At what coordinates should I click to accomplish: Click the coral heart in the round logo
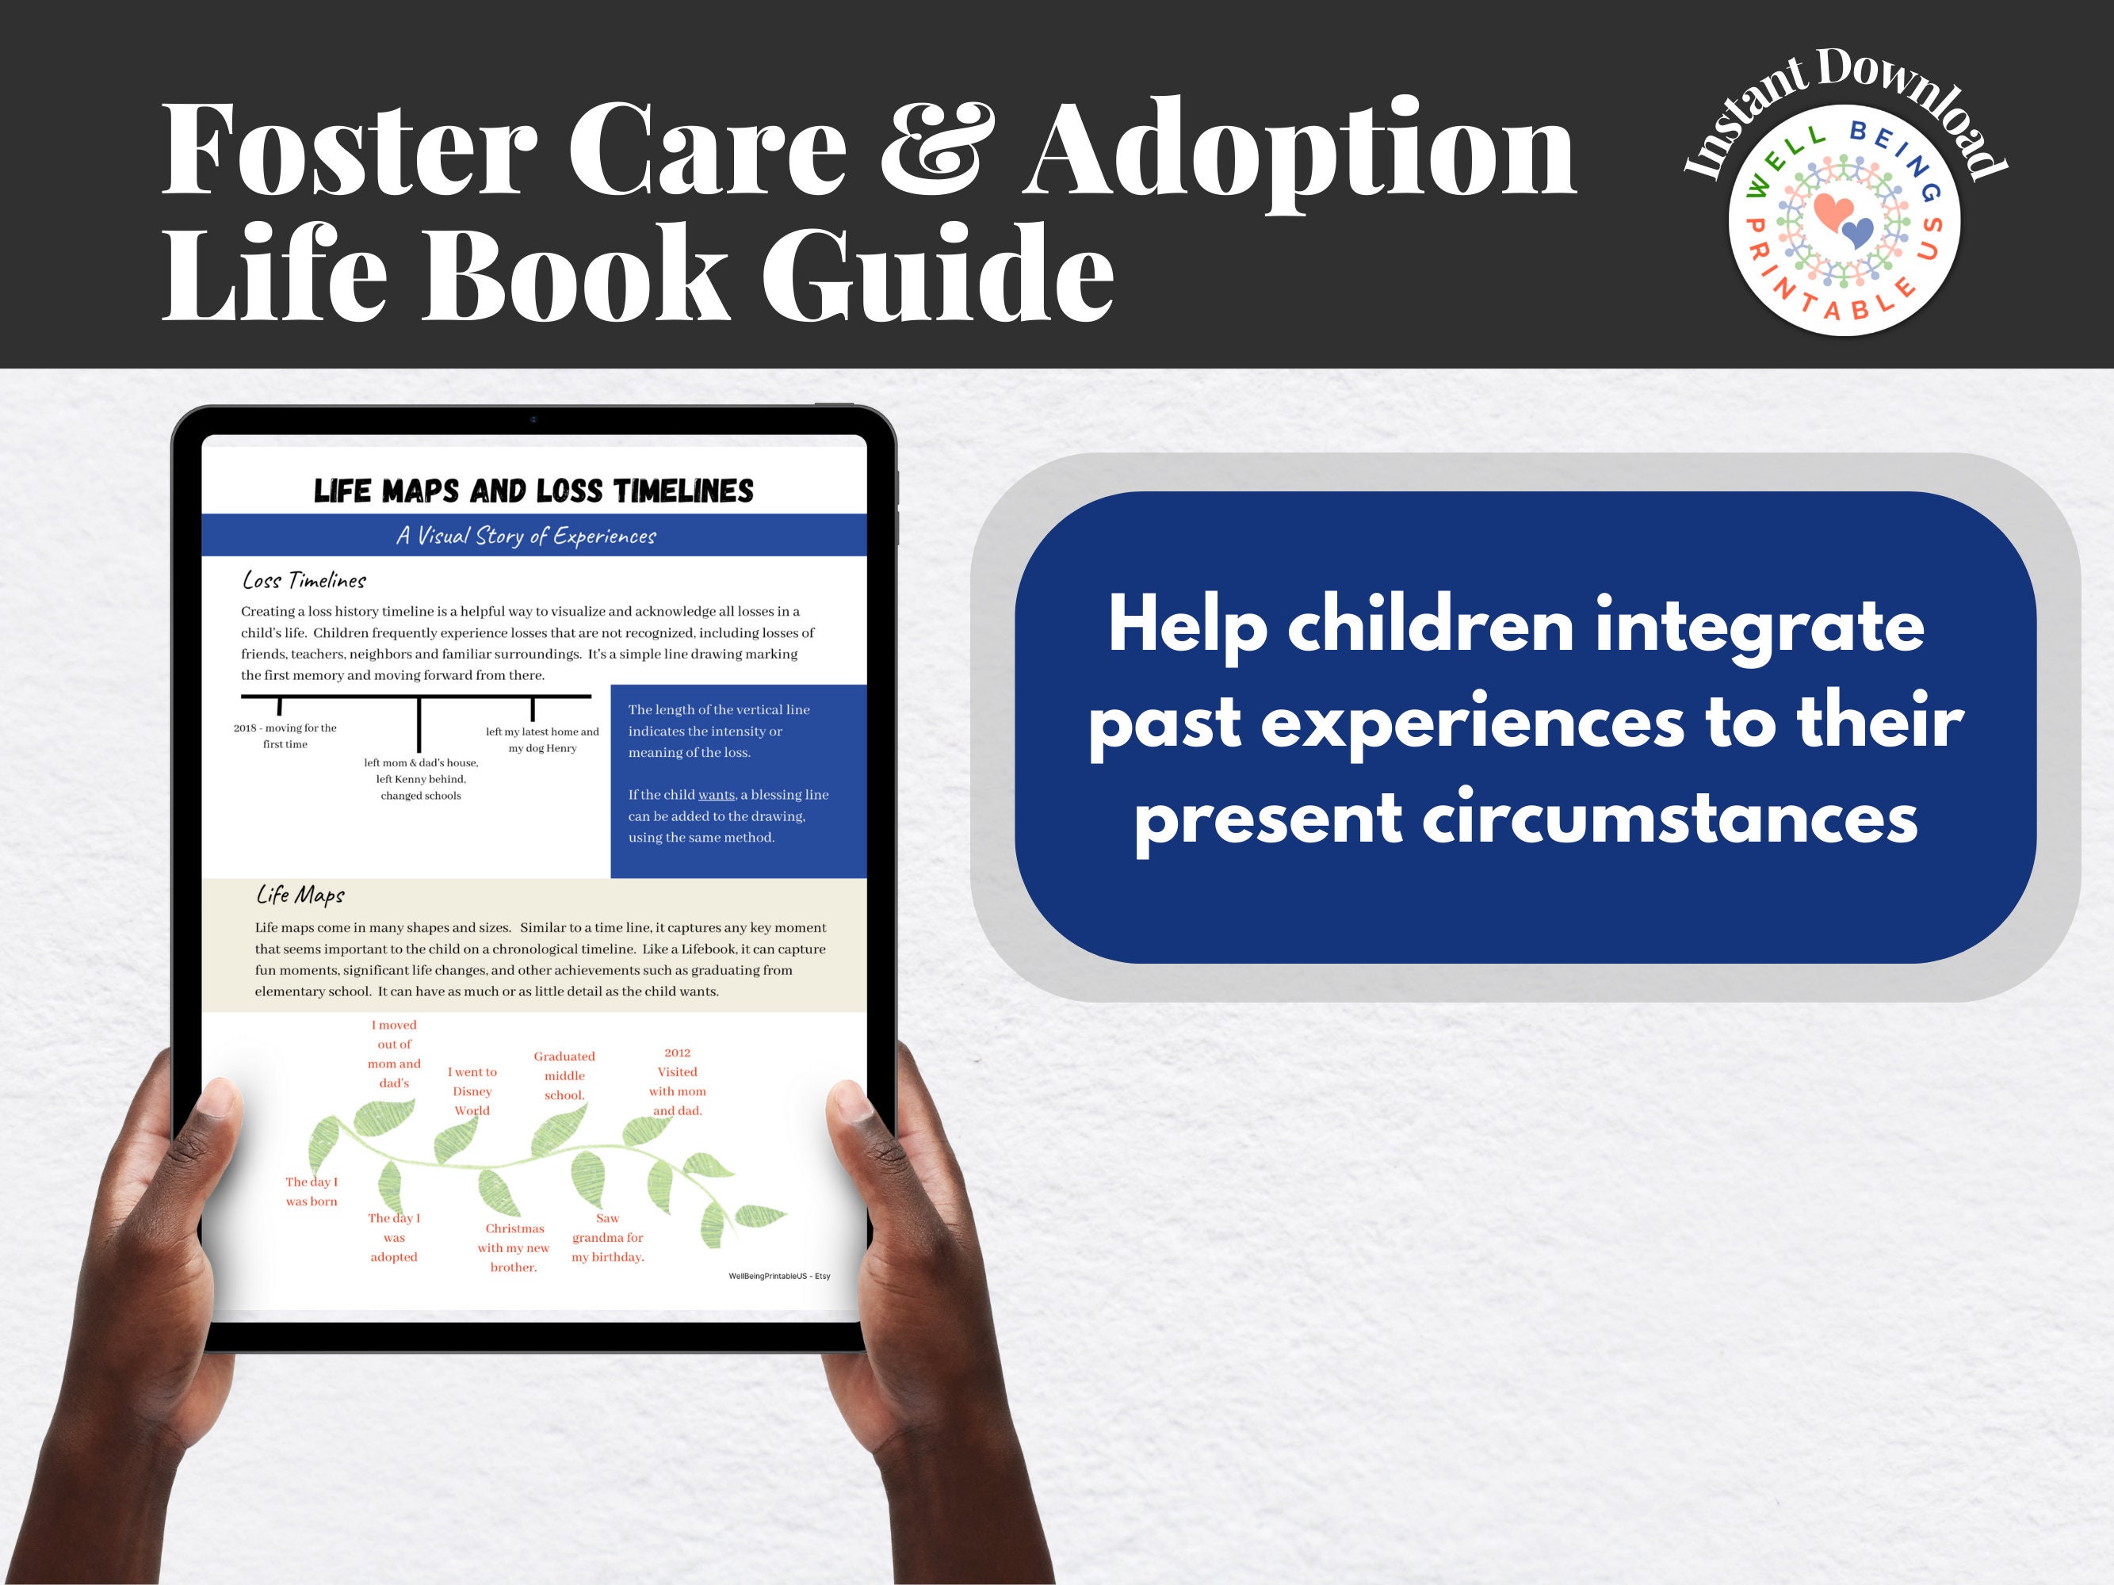pyautogui.click(x=1832, y=211)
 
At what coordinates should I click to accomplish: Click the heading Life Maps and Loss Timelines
pyautogui.click(x=533, y=491)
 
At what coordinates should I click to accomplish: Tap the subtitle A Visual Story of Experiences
pyautogui.click(x=526, y=536)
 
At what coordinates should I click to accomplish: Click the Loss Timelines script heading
pyautogui.click(x=304, y=580)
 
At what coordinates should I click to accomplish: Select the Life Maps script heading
pyautogui.click(x=300, y=894)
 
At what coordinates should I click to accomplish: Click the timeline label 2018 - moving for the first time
pyautogui.click(x=285, y=735)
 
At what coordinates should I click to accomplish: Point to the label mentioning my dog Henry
pyautogui.click(x=542, y=739)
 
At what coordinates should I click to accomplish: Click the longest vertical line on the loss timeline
pyautogui.click(x=419, y=725)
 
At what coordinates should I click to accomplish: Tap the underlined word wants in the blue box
pyautogui.click(x=716, y=795)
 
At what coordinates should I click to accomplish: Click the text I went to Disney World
pyautogui.click(x=472, y=1091)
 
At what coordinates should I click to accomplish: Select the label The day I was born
pyautogui.click(x=312, y=1191)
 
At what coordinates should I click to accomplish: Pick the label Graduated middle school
pyautogui.click(x=564, y=1075)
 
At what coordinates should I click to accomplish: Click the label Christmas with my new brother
pyautogui.click(x=514, y=1247)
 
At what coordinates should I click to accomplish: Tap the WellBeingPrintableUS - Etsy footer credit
pyautogui.click(x=779, y=1277)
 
